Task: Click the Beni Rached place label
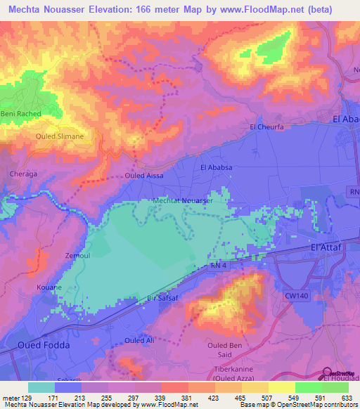click(x=21, y=114)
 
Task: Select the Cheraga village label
click(x=22, y=172)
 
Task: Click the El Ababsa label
click(x=217, y=167)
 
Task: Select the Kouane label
click(x=50, y=287)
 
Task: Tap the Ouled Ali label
click(x=139, y=340)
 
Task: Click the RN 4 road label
click(x=218, y=265)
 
